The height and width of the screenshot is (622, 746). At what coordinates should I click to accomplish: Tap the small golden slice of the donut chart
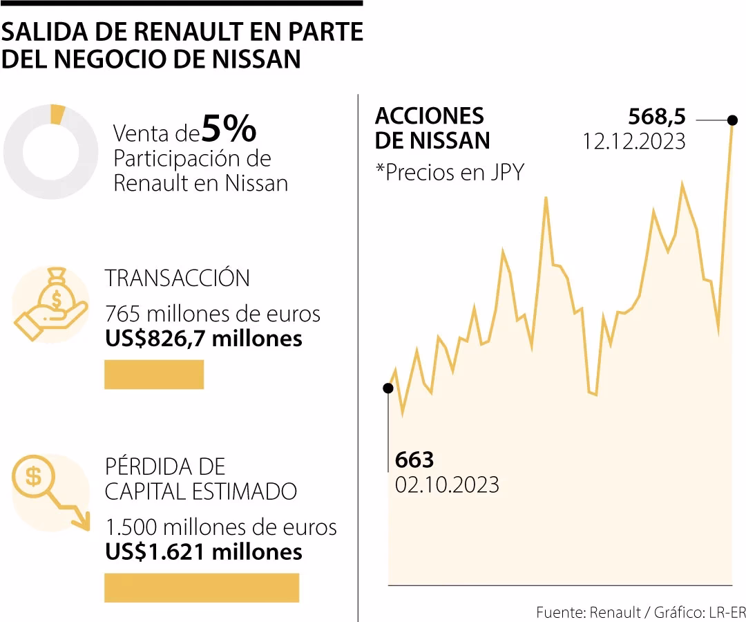58,114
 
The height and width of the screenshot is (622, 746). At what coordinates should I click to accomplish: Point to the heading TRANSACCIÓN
178,278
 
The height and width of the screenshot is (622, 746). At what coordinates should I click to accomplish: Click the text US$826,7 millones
204,339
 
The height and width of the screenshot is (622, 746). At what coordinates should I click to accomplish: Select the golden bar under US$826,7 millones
154,375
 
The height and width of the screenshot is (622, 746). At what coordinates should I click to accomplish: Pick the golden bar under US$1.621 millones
202,587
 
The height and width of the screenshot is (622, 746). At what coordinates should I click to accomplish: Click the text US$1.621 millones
204,552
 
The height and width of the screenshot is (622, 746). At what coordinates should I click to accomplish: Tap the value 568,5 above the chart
656,115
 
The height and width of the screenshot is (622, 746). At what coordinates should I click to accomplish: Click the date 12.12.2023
633,141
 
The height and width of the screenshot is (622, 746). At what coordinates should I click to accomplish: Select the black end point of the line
732,120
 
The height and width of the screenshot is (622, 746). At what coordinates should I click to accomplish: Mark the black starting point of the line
388,388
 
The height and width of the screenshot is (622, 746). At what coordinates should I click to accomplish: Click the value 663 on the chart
414,460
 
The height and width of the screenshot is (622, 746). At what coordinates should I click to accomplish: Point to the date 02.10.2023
447,484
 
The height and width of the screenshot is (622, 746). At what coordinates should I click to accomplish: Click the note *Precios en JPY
449,171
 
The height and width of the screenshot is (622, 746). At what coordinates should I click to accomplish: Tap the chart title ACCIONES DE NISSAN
432,128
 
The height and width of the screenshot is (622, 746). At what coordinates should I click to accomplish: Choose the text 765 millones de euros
213,314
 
